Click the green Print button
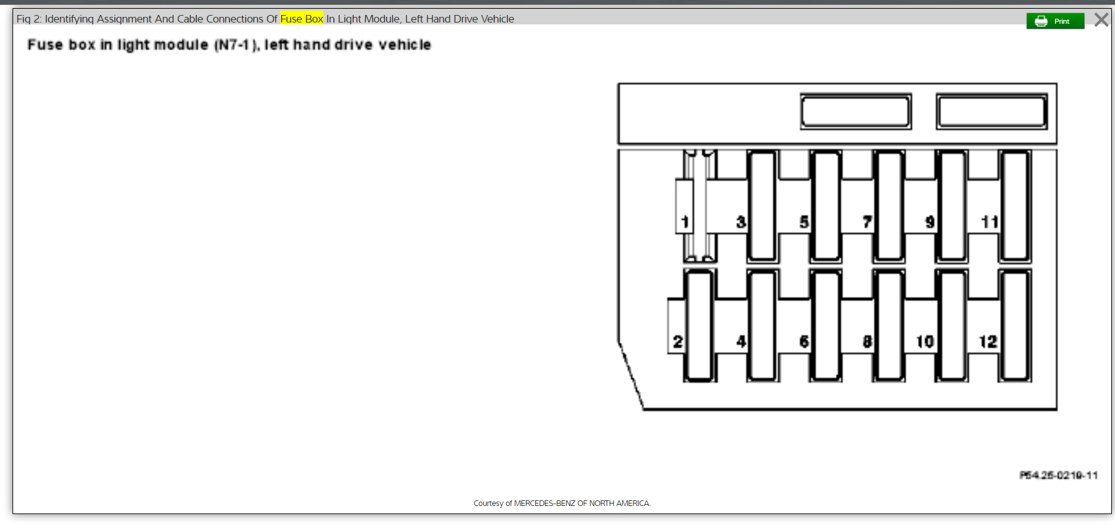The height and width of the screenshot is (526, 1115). click(1055, 21)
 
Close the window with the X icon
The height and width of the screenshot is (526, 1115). click(1101, 20)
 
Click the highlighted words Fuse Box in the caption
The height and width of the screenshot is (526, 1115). click(301, 19)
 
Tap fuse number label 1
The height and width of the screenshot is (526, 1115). click(685, 222)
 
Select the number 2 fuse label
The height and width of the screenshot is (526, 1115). click(677, 341)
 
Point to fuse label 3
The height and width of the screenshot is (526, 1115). click(741, 222)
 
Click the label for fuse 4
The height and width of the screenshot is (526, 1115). click(741, 341)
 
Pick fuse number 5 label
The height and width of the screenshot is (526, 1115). click(804, 222)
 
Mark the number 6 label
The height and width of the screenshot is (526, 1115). click(804, 341)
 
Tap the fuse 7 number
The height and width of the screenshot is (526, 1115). click(867, 222)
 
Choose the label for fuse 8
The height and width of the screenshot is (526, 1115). click(867, 341)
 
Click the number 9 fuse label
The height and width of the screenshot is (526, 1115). click(930, 222)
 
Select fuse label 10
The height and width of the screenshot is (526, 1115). click(925, 341)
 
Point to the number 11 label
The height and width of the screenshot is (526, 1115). click(989, 222)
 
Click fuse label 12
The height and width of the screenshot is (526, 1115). click(988, 341)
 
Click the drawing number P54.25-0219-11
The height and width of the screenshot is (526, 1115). click(1058, 475)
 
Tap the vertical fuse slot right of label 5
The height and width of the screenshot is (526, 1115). click(825, 206)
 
